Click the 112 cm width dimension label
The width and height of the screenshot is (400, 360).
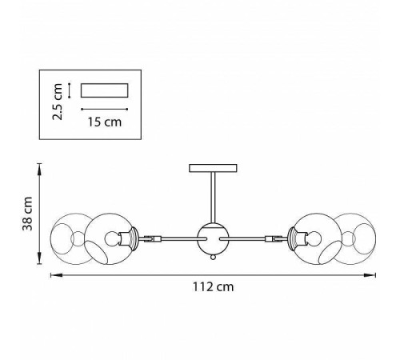(x=213, y=287)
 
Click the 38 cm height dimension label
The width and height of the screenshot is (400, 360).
(x=27, y=214)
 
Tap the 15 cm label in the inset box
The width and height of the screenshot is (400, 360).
(x=105, y=122)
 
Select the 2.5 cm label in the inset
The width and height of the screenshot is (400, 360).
(x=58, y=102)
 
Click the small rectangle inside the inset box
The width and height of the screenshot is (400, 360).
(x=105, y=90)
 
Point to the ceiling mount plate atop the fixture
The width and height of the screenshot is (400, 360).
(x=213, y=168)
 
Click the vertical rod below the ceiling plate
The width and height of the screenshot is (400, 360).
(x=213, y=198)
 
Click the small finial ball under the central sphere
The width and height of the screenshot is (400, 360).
(x=213, y=258)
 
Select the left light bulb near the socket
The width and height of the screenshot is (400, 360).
(x=112, y=239)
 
